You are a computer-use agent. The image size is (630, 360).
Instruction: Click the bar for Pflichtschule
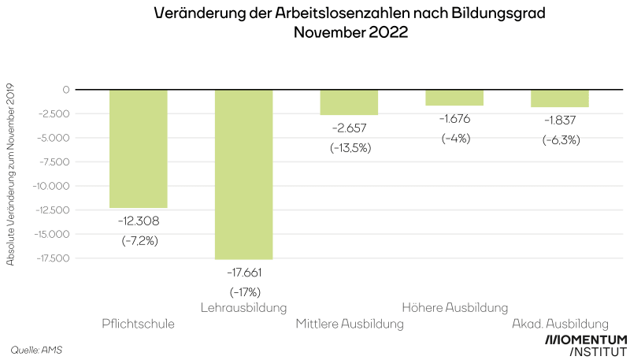[x=139, y=148]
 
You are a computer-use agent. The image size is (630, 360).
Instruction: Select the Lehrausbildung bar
[x=243, y=174]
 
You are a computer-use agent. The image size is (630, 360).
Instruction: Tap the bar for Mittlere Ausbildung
[x=349, y=102]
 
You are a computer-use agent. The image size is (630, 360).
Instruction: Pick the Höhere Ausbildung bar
[x=454, y=98]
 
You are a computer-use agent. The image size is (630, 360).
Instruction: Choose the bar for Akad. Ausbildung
[x=560, y=98]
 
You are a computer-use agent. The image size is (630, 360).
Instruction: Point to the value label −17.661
[x=244, y=273]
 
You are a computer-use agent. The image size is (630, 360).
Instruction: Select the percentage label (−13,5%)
[x=350, y=147]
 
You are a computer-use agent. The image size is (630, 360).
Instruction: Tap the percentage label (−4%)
[x=455, y=139]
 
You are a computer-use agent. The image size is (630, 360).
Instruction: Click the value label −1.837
[x=561, y=121]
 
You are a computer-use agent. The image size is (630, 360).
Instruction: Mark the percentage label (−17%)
[x=244, y=292]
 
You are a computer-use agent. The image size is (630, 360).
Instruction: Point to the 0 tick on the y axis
[x=66, y=90]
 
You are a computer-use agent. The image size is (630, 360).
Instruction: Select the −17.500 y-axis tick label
[x=52, y=258]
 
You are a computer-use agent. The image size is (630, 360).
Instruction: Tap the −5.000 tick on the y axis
[x=54, y=138]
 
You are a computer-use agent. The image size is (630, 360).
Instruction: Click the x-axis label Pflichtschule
[x=139, y=324]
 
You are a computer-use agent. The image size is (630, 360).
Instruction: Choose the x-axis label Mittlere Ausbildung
[x=350, y=324]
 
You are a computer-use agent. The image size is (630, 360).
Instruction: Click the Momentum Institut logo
[x=586, y=345]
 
